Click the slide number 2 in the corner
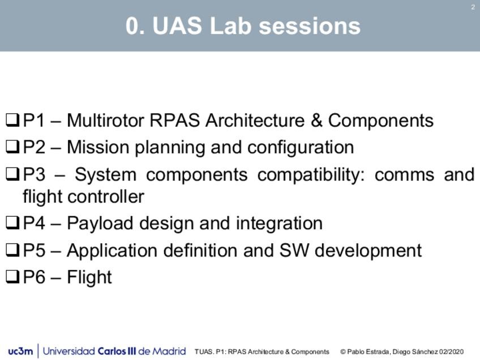tap(473, 7)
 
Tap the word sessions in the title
tap(310, 26)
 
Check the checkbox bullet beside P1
tap(12, 121)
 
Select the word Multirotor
tap(105, 120)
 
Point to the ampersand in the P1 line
tap(316, 120)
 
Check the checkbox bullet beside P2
tap(12, 147)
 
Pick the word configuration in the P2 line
tap(301, 148)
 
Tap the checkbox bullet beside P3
tap(12, 174)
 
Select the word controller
tap(106, 196)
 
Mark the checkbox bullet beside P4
tap(12, 223)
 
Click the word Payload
tap(100, 224)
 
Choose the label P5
tap(35, 250)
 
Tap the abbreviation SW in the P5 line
tap(294, 250)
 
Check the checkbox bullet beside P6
tap(12, 277)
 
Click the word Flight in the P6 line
tap(89, 278)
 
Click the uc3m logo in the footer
tap(20, 351)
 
